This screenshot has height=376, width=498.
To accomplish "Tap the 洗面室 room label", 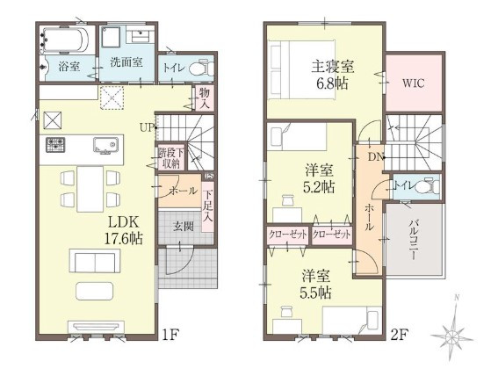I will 126,62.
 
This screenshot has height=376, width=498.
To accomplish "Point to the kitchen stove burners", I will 56,144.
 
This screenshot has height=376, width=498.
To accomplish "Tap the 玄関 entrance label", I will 183,226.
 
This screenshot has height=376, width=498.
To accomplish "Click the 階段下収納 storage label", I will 170,158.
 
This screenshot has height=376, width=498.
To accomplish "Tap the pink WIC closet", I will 414,84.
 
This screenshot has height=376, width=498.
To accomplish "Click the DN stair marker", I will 375,159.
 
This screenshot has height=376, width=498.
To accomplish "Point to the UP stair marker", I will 146,128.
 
